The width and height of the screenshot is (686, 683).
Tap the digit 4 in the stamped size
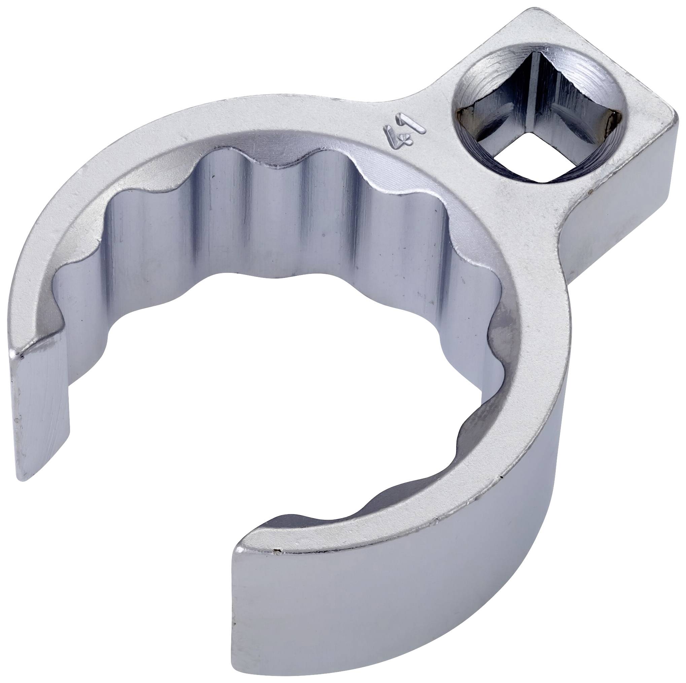pyautogui.click(x=395, y=142)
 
